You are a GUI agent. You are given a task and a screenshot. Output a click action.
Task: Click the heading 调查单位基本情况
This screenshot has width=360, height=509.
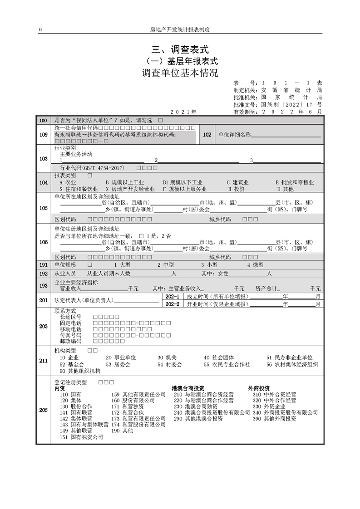pyautogui.click(x=180, y=73)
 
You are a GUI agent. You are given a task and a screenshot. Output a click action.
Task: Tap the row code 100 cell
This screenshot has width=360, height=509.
pyautogui.click(x=44, y=121)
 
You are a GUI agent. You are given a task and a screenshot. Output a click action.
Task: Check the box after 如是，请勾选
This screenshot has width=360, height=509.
pyautogui.click(x=160, y=121)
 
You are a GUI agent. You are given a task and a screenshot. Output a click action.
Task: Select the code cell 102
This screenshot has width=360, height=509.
pyautogui.click(x=207, y=135)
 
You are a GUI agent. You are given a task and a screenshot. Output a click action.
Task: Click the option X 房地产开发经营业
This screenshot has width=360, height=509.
pyautogui.click(x=130, y=189)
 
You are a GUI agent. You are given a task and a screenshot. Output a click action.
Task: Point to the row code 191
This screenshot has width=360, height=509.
pyautogui.click(x=44, y=264)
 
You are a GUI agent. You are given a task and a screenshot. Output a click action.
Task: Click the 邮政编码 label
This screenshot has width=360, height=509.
pyautogui.click(x=70, y=341)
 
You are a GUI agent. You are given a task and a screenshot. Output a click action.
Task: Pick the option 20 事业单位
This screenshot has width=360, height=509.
pyautogui.click(x=121, y=357)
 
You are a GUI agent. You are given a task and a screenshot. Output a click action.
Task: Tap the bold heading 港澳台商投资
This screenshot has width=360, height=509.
pyautogui.click(x=188, y=388)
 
